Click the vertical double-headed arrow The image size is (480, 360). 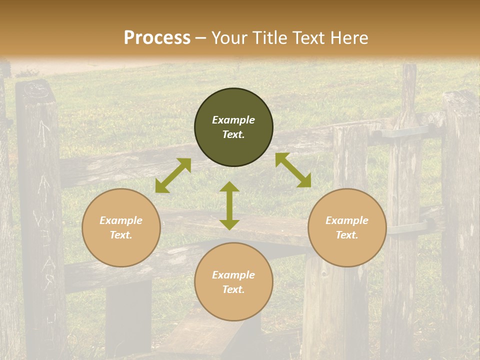pyautogui.click(x=229, y=205)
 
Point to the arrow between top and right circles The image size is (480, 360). pyautogui.click(x=293, y=170)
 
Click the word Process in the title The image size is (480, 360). pyautogui.click(x=157, y=37)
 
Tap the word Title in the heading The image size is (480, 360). pyautogui.click(x=271, y=37)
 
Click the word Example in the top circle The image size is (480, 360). pyautogui.click(x=233, y=120)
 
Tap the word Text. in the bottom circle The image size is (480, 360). pyautogui.click(x=233, y=289)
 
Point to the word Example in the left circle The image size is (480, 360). pyautogui.click(x=121, y=220)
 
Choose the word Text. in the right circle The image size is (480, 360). pyautogui.click(x=347, y=235)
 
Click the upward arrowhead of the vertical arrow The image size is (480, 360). pyautogui.click(x=229, y=186)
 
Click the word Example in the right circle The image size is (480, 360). pyautogui.click(x=347, y=220)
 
